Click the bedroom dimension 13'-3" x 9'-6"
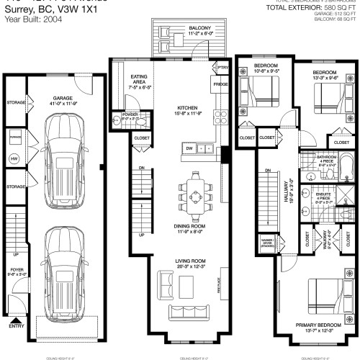coord(324,78)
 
